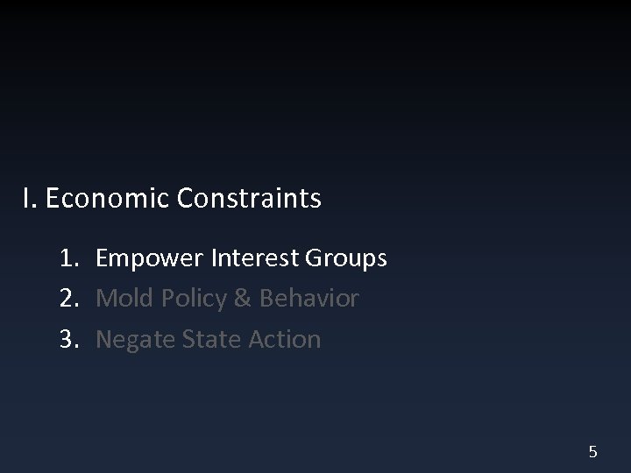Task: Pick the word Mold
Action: pos(121,299)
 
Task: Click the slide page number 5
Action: pos(593,452)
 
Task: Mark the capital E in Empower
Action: pos(102,258)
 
